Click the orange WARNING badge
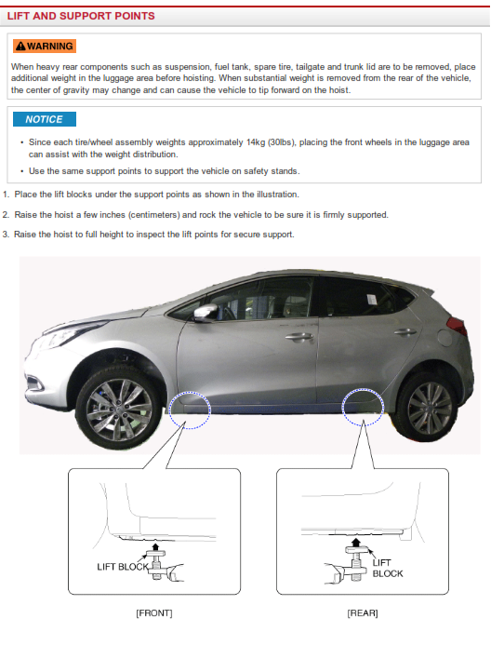(45, 47)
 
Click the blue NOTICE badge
(45, 119)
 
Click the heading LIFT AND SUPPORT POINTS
(81, 16)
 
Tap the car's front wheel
(119, 408)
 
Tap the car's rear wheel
(426, 408)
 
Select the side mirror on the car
(206, 313)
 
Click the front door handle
(299, 337)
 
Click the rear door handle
(405, 331)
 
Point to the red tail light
(457, 326)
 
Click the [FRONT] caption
(154, 613)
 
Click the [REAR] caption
(363, 613)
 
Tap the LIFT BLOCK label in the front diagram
(123, 567)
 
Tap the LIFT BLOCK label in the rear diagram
(388, 568)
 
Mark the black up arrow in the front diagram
(155, 546)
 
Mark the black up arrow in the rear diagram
(356, 543)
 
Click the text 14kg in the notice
(256, 142)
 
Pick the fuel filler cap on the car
(444, 337)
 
